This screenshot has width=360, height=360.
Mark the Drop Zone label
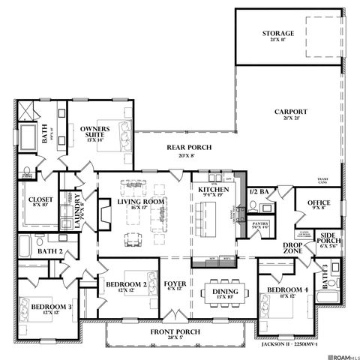(x=292, y=249)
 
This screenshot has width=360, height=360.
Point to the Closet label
(x=40, y=202)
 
